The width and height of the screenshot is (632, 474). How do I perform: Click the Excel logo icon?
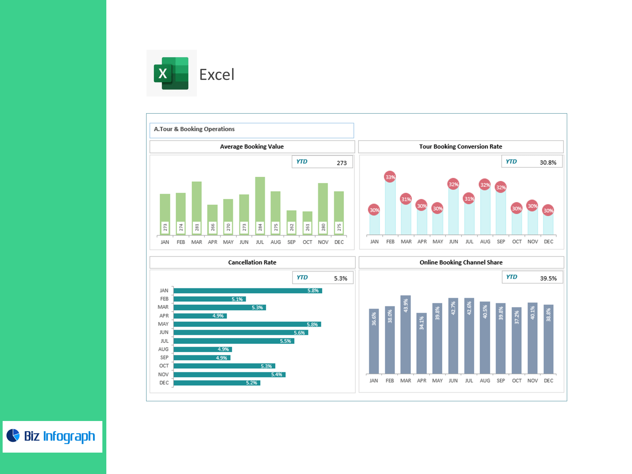tap(171, 73)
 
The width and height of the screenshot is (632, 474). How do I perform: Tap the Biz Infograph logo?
tap(52, 436)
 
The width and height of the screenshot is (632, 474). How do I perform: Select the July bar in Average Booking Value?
tap(260, 206)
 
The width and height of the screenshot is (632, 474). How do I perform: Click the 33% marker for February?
tap(390, 177)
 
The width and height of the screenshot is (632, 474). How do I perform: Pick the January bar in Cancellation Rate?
tap(248, 291)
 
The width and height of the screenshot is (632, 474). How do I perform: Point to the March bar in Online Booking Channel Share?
tap(406, 334)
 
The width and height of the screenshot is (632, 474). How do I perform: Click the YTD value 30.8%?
tap(548, 162)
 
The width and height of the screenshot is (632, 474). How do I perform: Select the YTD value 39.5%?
tap(548, 278)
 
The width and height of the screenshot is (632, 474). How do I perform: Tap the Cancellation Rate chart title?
tap(252, 262)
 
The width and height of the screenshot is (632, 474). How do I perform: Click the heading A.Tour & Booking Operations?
tap(194, 129)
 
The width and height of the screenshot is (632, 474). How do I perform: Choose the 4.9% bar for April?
tap(200, 316)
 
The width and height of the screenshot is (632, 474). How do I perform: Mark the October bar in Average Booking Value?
tap(307, 223)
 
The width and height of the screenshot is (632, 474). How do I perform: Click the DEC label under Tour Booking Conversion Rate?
tap(548, 242)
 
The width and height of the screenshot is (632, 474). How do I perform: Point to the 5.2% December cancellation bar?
tap(217, 383)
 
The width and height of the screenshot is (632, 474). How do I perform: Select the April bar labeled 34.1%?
tap(421, 343)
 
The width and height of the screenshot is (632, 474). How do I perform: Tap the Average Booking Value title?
tap(252, 146)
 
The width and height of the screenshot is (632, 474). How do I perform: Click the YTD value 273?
tap(341, 163)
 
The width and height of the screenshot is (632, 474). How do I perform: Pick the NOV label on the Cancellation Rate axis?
tap(163, 374)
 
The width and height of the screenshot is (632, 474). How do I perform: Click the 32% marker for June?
tap(453, 184)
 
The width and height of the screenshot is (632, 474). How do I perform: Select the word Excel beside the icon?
tap(217, 75)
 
